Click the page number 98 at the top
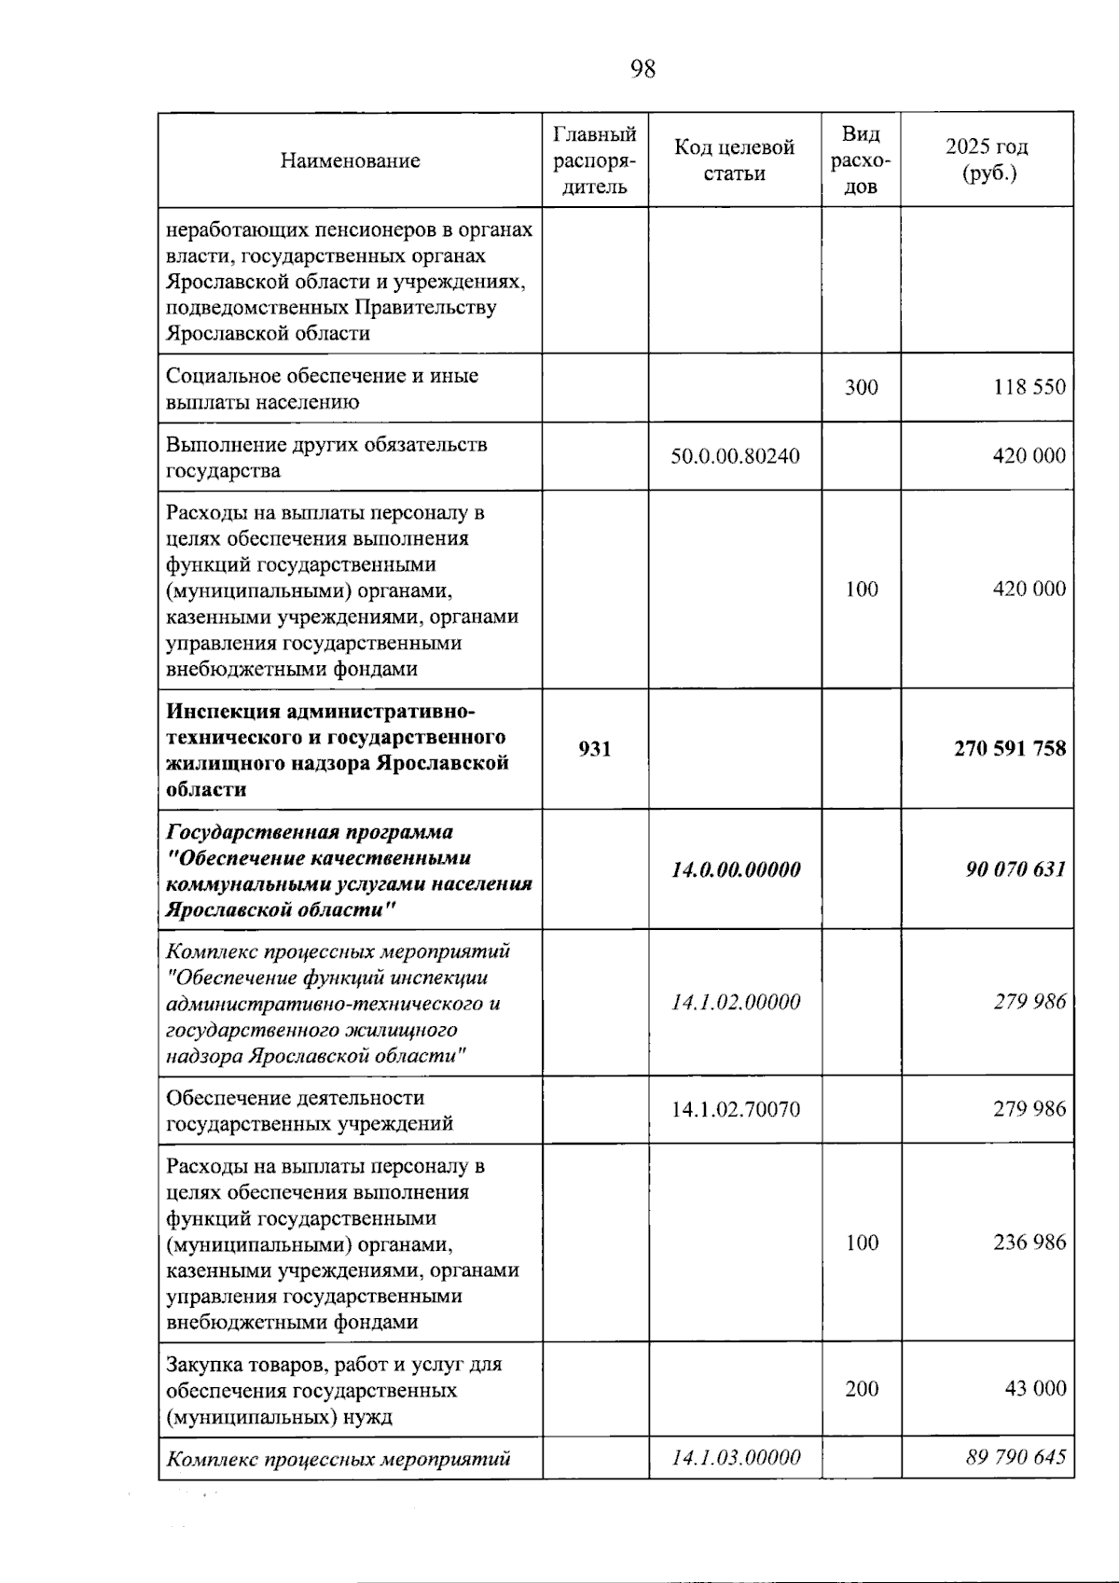(642, 69)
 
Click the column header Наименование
(350, 160)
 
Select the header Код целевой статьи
(734, 160)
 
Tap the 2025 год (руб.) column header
(987, 160)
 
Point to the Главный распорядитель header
(595, 160)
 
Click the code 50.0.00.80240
(735, 456)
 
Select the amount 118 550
(1029, 387)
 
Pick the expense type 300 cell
(861, 387)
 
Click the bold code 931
(595, 749)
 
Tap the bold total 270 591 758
(1009, 749)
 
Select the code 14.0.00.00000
(735, 869)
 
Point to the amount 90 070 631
(1015, 869)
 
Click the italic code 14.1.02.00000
(735, 1003)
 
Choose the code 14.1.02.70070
(735, 1109)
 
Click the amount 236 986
(1029, 1243)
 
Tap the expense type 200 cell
(861, 1389)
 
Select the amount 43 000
(1034, 1389)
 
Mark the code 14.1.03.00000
(735, 1458)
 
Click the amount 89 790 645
(1015, 1458)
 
